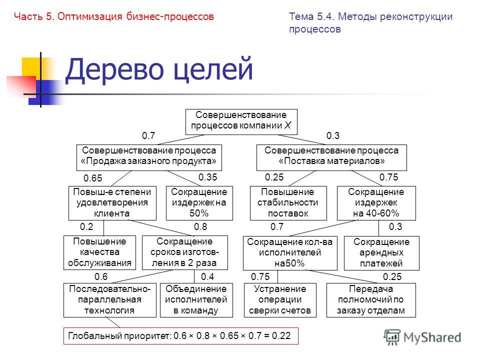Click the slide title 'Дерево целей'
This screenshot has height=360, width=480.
click(159, 70)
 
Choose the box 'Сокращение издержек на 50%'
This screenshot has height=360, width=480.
click(199, 202)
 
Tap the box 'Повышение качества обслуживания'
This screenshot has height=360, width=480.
click(99, 252)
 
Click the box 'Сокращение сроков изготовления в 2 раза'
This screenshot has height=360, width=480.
click(185, 252)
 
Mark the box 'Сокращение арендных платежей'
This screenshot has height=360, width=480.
click(381, 252)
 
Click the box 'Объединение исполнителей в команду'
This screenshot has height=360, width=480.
click(196, 300)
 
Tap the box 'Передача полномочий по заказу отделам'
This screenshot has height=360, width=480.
click(372, 300)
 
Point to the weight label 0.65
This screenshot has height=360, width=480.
click(92, 178)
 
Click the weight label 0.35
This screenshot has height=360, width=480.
click(207, 177)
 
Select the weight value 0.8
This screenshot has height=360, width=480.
click(200, 226)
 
